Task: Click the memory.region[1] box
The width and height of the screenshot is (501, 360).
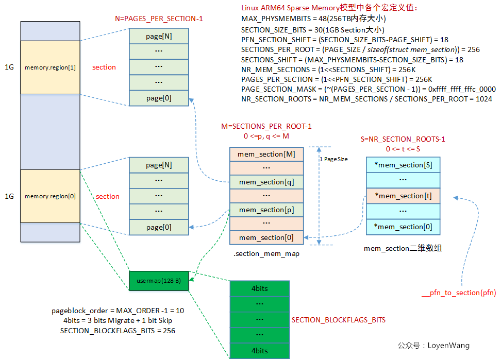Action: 50,67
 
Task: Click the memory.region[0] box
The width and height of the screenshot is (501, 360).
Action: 50,196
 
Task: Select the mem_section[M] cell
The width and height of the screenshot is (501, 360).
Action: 266,155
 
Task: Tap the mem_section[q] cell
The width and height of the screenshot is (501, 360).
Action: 266,182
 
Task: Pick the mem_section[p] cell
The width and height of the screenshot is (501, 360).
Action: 266,210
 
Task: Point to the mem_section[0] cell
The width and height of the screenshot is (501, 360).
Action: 266,237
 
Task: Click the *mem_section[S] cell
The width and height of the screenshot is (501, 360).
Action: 403,165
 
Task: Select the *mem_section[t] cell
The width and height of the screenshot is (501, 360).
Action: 403,196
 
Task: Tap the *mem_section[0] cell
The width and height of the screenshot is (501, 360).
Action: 403,227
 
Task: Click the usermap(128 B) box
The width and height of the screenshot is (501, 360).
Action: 159,281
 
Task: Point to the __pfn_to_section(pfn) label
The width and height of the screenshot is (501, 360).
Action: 458,293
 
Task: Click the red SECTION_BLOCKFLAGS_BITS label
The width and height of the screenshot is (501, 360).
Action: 338,320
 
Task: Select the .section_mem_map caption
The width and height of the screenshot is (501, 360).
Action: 266,253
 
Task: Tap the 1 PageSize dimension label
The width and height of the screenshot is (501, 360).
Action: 333,160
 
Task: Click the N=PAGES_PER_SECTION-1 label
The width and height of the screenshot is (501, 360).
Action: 159,19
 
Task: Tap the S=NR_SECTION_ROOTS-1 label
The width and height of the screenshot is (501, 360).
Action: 403,139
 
